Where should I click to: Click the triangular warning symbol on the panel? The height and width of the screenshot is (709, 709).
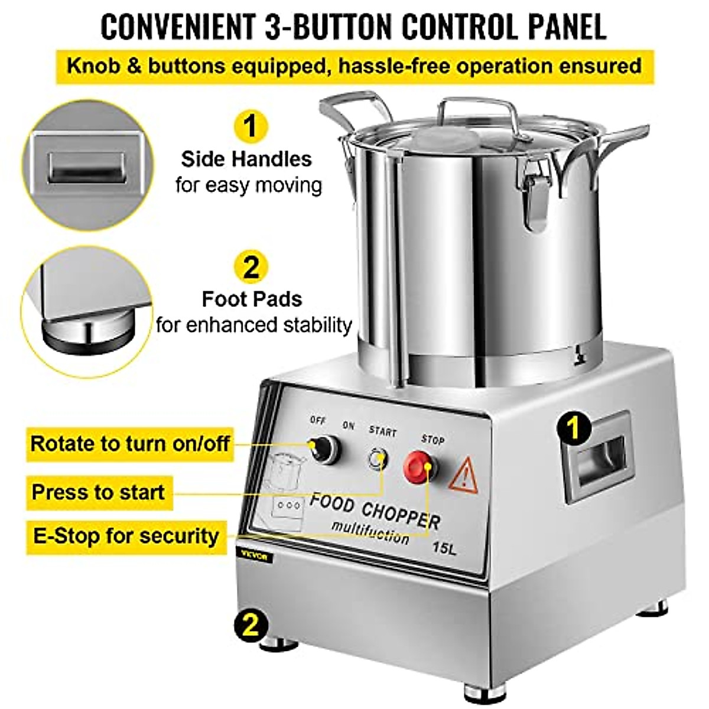[463, 475]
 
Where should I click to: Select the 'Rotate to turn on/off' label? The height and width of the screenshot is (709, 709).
[130, 443]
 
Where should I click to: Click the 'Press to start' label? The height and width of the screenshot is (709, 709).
[99, 492]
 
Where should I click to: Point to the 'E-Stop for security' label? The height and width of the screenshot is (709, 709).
[126, 536]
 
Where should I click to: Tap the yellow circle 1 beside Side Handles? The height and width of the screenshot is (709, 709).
[251, 126]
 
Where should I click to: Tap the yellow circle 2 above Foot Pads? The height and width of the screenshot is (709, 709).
[251, 266]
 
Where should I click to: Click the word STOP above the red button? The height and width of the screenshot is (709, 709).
[432, 440]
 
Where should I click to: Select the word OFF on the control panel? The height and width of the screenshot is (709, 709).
[318, 420]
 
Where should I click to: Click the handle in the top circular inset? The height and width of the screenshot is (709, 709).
[86, 168]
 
